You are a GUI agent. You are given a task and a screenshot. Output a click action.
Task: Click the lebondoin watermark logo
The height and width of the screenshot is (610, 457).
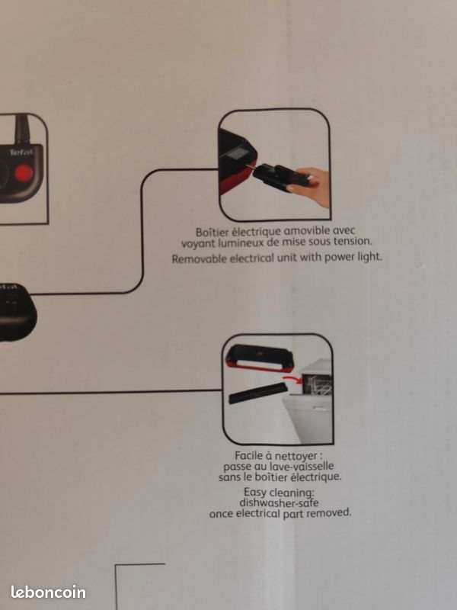(x=48, y=592)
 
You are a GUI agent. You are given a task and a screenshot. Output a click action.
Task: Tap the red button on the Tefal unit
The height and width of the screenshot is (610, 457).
(x=24, y=172)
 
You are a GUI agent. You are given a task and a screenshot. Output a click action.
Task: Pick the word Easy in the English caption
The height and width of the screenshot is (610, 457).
(x=255, y=493)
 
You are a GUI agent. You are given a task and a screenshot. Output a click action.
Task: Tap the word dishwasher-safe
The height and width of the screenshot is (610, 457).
(x=280, y=502)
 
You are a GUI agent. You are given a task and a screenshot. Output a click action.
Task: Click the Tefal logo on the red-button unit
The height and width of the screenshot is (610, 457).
(x=21, y=152)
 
